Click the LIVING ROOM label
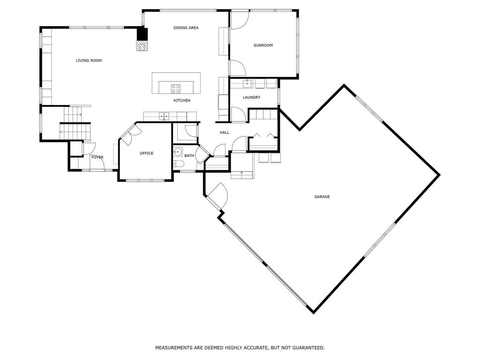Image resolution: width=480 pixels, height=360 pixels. (89, 60)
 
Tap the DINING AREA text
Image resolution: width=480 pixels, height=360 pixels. (186, 28)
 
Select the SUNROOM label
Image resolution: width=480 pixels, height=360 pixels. (263, 45)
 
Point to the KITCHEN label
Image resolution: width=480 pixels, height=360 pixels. (182, 100)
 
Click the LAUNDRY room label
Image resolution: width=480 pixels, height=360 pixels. (251, 97)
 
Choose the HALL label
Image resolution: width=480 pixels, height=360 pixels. (225, 133)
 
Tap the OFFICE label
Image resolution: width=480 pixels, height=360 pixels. (146, 153)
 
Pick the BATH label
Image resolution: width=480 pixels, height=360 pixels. (189, 156)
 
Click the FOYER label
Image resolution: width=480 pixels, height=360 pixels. (97, 157)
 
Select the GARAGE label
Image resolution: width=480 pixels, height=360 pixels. (322, 197)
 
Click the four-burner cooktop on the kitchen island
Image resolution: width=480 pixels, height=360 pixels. (176, 89)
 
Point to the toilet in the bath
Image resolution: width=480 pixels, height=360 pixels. (178, 164)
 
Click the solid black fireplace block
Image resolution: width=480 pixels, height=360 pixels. (142, 34)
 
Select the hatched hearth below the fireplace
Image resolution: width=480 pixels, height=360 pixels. (142, 46)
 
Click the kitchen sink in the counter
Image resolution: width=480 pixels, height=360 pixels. (164, 116)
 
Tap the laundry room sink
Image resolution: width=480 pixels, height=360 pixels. (247, 83)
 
